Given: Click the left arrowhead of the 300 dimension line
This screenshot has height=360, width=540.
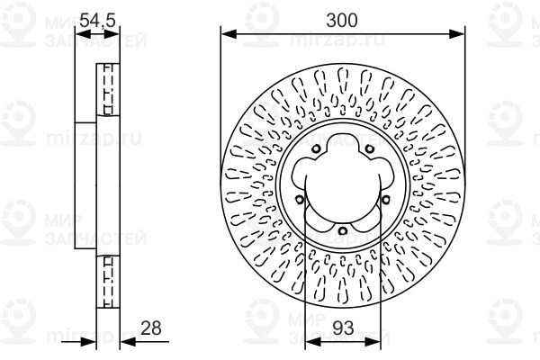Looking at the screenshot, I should (227, 33).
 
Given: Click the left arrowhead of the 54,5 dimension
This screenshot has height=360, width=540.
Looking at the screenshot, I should (79, 33).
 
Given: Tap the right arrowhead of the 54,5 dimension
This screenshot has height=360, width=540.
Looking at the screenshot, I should (116, 33).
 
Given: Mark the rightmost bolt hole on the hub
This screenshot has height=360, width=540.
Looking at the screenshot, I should (385, 200).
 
